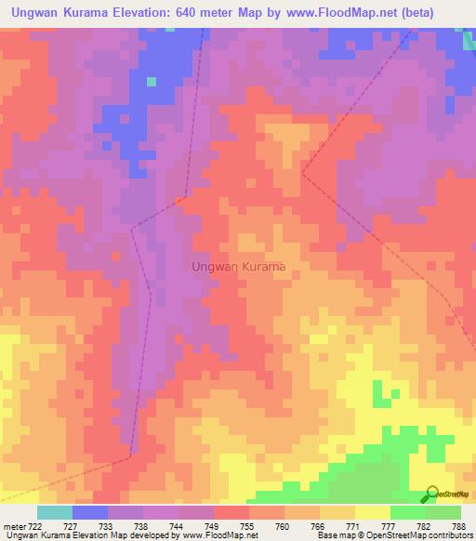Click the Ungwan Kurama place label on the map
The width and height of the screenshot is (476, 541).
(238, 266)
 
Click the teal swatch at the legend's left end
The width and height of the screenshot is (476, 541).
(55, 512)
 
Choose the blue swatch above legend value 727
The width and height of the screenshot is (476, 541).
(90, 512)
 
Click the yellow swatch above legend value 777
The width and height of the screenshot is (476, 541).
(373, 512)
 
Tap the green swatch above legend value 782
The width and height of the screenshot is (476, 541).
(408, 512)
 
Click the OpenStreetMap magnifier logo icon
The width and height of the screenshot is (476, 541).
(430, 493)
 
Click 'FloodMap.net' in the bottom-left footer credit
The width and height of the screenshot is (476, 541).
(210, 535)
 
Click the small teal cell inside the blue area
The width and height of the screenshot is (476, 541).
(152, 82)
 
